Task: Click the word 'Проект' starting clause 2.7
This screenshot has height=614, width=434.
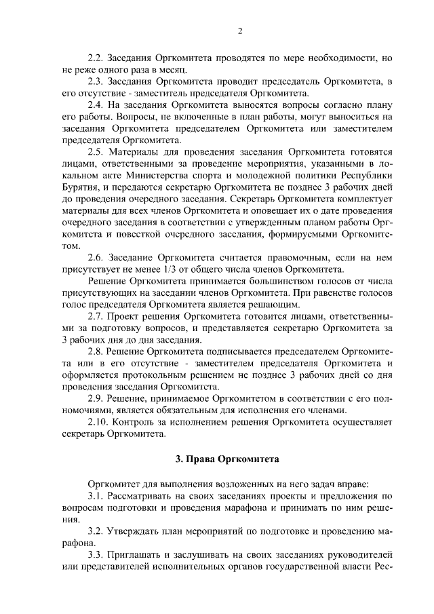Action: [127, 317]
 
